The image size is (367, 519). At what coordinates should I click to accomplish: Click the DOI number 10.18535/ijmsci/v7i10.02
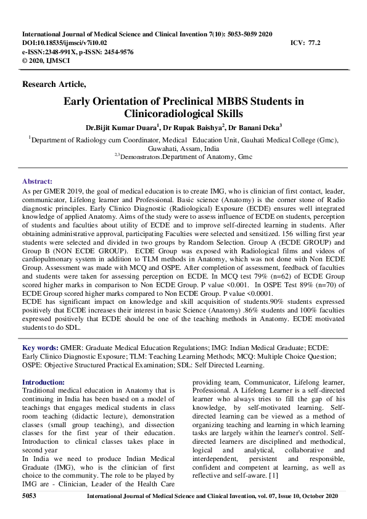pyautogui.click(x=73, y=43)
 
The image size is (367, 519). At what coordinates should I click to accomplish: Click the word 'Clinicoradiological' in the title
pyautogui.click(x=183, y=113)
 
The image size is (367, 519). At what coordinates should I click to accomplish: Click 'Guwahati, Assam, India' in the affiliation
pyautogui.click(x=183, y=149)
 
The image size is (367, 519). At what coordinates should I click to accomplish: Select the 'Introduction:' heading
pyautogui.click(x=43, y=382)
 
